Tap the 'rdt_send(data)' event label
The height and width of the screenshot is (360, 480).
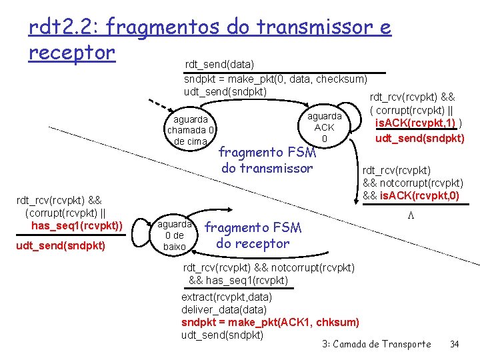[219, 64]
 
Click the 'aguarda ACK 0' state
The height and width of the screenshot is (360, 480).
[324, 127]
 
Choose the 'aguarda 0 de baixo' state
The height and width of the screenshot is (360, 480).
[175, 235]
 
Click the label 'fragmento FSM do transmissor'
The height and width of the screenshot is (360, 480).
[267, 159]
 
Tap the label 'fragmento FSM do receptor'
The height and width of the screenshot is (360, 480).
[253, 235]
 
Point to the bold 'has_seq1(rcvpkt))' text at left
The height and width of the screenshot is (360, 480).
[77, 226]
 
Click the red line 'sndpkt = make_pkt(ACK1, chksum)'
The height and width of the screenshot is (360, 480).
[270, 322]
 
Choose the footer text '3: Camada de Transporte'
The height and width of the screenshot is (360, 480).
[377, 344]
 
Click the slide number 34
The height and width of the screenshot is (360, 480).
[455, 344]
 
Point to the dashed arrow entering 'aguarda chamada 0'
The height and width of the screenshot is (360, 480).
[158, 107]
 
